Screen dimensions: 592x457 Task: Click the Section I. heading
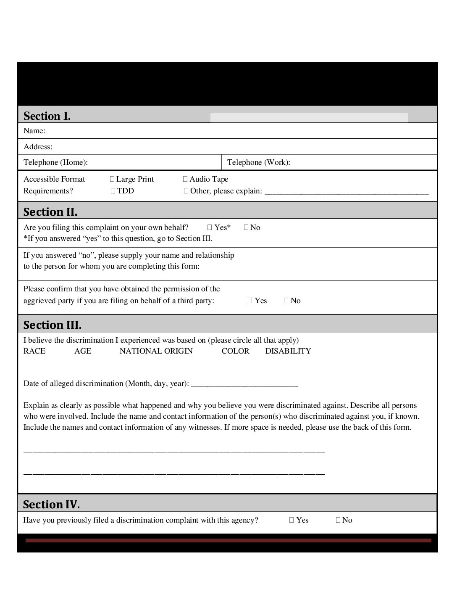point(47,116)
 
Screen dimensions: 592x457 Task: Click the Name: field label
point(34,131)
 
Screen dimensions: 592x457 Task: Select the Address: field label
point(38,147)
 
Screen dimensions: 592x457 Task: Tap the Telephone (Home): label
point(55,162)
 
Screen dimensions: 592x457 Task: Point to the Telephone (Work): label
point(258,162)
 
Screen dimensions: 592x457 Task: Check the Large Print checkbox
point(112,179)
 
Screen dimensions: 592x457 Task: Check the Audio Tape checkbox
point(186,179)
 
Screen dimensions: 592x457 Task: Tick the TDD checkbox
point(113,191)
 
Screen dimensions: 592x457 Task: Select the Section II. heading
point(50,211)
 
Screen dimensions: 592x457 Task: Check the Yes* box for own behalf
point(210,227)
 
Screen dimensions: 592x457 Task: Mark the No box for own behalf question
point(246,227)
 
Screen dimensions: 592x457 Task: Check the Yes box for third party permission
point(250,301)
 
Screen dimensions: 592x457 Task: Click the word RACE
point(34,351)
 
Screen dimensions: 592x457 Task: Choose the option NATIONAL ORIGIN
point(156,351)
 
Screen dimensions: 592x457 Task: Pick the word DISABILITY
point(288,351)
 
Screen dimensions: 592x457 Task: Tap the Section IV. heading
point(51,504)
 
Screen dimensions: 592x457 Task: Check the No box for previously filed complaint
point(338,520)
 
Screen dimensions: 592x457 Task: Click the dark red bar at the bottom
point(228,540)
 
